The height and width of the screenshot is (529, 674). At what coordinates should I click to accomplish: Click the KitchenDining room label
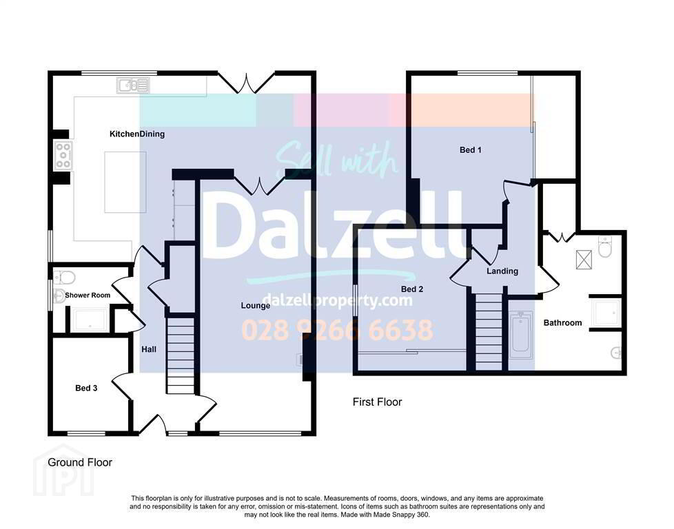pyautogui.click(x=137, y=134)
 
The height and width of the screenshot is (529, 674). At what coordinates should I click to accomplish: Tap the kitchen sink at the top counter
pyautogui.click(x=133, y=85)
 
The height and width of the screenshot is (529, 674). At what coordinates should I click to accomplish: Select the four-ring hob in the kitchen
pyautogui.click(x=63, y=155)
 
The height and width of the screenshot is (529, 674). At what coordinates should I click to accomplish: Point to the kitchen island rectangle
pyautogui.click(x=125, y=182)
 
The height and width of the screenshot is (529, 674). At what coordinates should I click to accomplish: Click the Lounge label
pyautogui.click(x=255, y=306)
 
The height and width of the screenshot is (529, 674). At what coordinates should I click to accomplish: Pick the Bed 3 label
pyautogui.click(x=86, y=388)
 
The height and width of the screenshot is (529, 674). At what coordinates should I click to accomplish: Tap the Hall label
pyautogui.click(x=149, y=349)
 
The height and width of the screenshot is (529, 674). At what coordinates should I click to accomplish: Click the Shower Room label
pyautogui.click(x=88, y=295)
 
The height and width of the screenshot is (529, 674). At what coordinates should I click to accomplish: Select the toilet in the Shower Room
pyautogui.click(x=65, y=278)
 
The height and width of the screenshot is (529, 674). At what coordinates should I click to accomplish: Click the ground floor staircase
pyautogui.click(x=181, y=355)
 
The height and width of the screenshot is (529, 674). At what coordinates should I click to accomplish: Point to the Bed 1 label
pyautogui.click(x=471, y=150)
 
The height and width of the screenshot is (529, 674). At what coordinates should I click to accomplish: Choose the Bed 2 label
pyautogui.click(x=412, y=289)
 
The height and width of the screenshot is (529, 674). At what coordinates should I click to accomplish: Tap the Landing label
pyautogui.click(x=502, y=271)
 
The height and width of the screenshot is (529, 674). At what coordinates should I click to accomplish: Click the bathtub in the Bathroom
pyautogui.click(x=521, y=335)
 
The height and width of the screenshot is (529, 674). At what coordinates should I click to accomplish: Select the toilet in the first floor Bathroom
pyautogui.click(x=604, y=246)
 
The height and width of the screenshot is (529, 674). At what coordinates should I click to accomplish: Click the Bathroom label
pyautogui.click(x=562, y=323)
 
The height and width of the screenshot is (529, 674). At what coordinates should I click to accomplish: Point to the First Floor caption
pyautogui.click(x=378, y=402)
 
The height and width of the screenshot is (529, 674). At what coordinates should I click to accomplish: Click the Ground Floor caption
pyautogui.click(x=80, y=462)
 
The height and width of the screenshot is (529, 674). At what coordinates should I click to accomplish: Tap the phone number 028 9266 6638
pyautogui.click(x=338, y=330)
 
